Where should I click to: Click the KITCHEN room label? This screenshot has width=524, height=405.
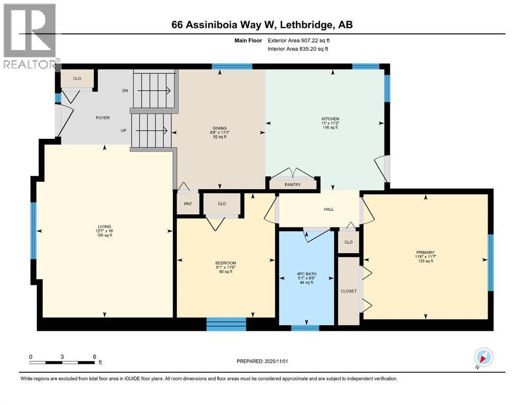tap(330, 119)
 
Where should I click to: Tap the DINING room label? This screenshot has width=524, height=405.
tap(220, 128)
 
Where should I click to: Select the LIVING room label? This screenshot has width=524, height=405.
tap(104, 226)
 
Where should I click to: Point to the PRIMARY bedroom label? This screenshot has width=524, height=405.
tap(425, 253)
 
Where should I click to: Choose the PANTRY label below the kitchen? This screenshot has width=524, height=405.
tap(292, 185)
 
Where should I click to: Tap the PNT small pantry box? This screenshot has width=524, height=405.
tap(187, 203)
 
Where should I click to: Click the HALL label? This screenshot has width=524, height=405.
tap(329, 209)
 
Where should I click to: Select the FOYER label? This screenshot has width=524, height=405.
tap(102, 118)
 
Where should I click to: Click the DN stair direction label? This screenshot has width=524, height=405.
tap(125, 91)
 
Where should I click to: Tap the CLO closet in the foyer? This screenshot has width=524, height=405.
tap(77, 79)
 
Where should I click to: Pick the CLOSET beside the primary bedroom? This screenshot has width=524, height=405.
tap(348, 291)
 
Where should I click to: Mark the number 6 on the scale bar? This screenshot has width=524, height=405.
tap(94, 356)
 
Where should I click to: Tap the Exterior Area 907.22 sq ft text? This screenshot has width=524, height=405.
tap(301, 40)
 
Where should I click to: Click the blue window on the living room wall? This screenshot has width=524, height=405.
tap(33, 230)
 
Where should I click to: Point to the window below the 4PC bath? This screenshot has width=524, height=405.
tap(305, 328)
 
